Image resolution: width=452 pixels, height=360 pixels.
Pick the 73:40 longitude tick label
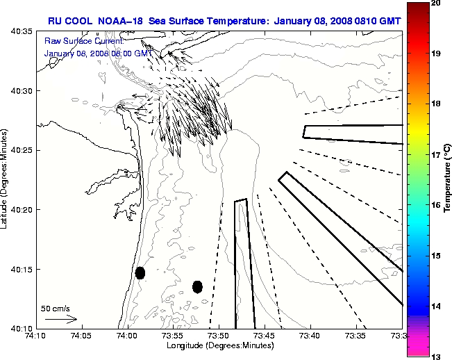310,336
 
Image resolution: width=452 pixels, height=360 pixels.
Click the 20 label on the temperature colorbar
436,4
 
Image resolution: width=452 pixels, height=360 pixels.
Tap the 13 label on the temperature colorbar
436,357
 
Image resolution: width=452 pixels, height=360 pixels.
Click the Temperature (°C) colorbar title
448,179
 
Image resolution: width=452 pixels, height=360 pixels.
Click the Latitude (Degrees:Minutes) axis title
6,179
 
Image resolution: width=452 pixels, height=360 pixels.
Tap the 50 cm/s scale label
56,309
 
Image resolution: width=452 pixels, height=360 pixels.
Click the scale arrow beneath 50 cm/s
60,319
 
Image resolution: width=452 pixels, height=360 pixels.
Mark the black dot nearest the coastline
140,272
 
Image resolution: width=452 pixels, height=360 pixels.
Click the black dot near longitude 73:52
197,286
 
